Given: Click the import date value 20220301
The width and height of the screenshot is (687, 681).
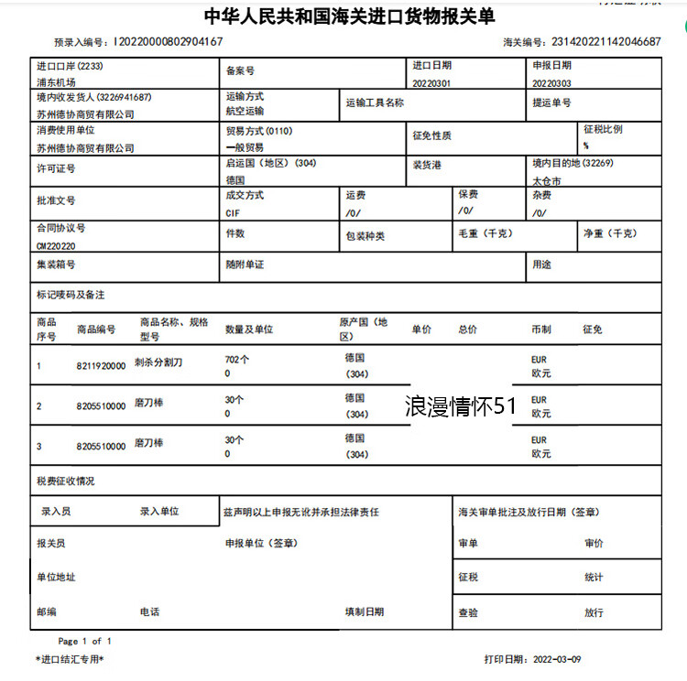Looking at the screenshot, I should click(x=431, y=82).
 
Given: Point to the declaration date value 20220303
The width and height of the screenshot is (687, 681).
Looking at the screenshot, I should click(x=551, y=82).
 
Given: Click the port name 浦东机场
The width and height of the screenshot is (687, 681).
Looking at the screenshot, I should click(x=58, y=82).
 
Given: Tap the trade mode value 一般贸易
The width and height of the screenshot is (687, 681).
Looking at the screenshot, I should click(x=245, y=146).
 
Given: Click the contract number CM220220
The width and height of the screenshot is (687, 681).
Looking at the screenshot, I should click(x=56, y=245).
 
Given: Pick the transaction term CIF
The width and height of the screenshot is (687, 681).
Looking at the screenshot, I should click(x=234, y=212).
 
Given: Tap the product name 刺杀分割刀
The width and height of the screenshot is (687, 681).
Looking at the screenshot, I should click(x=158, y=362).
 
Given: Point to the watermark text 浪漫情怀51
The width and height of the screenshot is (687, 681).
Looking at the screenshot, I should click(x=462, y=406).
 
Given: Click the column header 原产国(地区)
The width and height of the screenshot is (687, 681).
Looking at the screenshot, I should click(x=364, y=330).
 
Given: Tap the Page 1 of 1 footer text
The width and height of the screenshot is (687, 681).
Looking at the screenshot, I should click(x=85, y=641).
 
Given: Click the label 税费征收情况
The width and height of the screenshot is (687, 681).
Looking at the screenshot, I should click(x=65, y=481).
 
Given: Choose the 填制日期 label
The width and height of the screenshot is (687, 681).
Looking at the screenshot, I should click(x=365, y=611).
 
